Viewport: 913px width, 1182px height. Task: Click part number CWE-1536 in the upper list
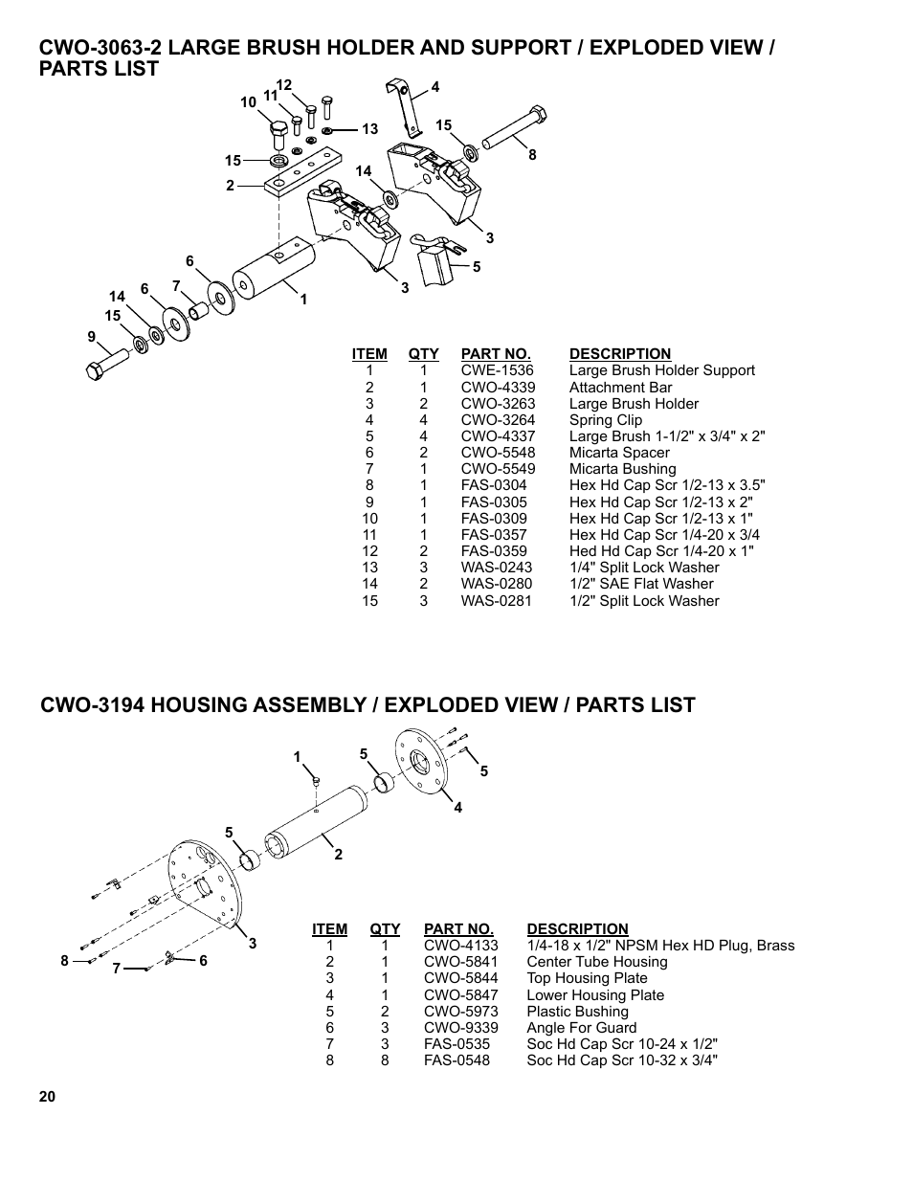click(497, 370)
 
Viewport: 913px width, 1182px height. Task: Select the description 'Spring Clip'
click(605, 420)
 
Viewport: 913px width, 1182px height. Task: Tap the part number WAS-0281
click(496, 601)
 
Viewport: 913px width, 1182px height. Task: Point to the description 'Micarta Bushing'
click(622, 469)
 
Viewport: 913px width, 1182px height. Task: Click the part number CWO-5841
click(460, 962)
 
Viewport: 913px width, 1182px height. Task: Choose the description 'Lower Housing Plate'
click(594, 995)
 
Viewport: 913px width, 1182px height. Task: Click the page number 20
click(48, 1097)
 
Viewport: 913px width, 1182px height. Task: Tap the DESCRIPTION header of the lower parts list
click(577, 929)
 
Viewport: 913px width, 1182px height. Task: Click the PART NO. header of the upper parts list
click(495, 354)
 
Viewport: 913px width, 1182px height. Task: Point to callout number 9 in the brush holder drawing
click(92, 337)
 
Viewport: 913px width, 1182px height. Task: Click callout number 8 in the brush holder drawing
click(532, 155)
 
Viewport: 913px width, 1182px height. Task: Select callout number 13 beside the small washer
click(369, 129)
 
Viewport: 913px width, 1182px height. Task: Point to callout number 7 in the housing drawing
click(116, 969)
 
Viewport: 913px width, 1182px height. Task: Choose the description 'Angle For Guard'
click(581, 1028)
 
